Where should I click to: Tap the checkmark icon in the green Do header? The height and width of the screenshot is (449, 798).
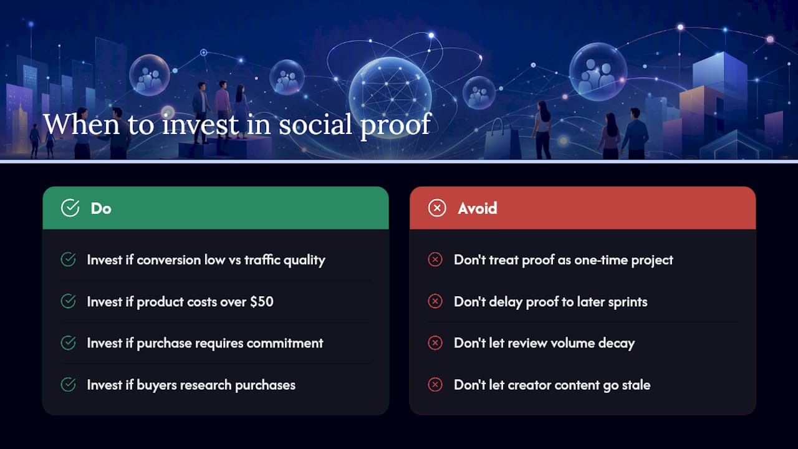[70, 208]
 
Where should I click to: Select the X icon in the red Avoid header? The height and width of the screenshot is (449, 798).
[437, 208]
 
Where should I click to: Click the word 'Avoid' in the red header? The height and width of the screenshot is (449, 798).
[478, 208]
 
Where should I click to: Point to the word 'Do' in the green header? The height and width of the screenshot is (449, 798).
[101, 208]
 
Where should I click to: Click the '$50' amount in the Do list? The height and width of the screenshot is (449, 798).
[261, 302]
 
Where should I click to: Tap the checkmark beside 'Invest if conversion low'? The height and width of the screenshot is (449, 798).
[68, 259]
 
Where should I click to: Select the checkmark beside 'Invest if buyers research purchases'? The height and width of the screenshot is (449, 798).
[68, 385]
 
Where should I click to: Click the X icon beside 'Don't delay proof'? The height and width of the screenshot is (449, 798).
[435, 301]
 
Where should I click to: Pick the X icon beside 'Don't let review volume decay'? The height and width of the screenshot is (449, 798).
[435, 343]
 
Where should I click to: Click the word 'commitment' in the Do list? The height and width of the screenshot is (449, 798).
[285, 343]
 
